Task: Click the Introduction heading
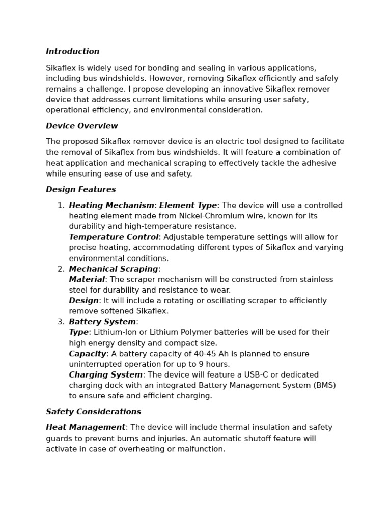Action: click(73, 52)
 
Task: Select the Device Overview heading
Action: click(82, 126)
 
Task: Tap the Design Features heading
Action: click(81, 190)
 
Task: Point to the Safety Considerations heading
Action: click(94, 412)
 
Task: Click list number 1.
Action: click(61, 206)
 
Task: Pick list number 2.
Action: click(61, 269)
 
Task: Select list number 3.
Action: click(61, 322)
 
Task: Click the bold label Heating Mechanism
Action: click(111, 206)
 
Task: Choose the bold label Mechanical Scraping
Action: click(114, 269)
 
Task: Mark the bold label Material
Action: click(87, 280)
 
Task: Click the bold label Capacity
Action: click(88, 354)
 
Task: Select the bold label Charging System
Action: click(106, 375)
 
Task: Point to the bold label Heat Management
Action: click(86, 428)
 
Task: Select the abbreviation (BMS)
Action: click(324, 386)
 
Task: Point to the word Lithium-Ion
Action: click(113, 333)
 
